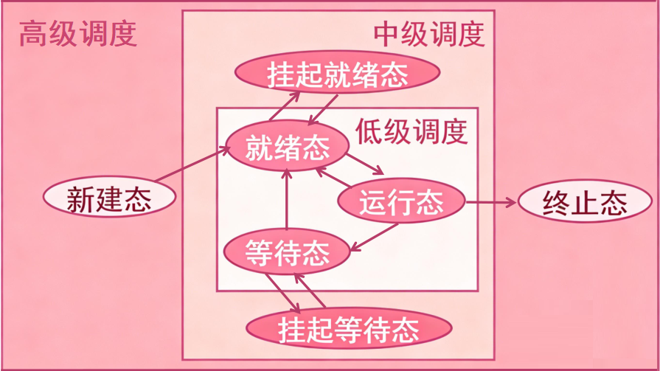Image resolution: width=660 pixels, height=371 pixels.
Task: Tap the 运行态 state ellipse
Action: point(401,201)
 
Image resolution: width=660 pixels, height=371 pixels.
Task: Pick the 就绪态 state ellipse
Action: point(288,147)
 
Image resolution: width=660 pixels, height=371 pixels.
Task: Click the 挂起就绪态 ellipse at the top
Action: point(338,73)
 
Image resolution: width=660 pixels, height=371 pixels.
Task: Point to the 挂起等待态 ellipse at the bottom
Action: point(348,328)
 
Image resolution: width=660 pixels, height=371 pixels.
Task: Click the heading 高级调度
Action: point(78,34)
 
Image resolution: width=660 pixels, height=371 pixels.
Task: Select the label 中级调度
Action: point(428,33)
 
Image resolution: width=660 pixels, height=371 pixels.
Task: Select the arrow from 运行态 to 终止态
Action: point(491,201)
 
